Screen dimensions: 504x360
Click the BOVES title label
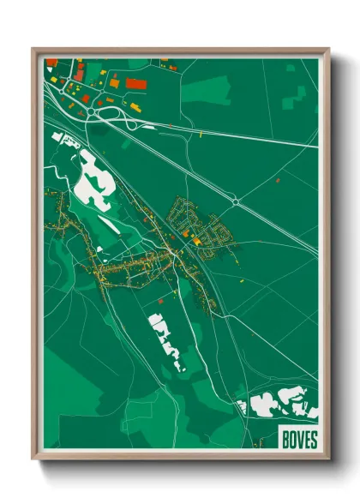pyautogui.click(x=297, y=439)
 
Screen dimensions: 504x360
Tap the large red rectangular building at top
pyautogui.click(x=136, y=84)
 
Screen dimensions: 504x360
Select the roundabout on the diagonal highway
pyautogui.click(x=234, y=201)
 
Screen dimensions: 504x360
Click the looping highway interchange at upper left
pyautogui.click(x=103, y=118)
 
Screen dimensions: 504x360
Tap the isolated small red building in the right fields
pyautogui.click(x=279, y=180)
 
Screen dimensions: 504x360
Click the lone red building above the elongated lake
pyautogui.click(x=158, y=302)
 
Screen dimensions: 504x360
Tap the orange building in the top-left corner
pyautogui.click(x=51, y=63)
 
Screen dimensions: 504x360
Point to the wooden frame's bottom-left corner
pyautogui.click(x=35, y=456)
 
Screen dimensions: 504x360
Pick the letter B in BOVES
pyautogui.click(x=283, y=439)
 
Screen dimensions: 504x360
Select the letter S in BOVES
pyautogui.click(x=313, y=439)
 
